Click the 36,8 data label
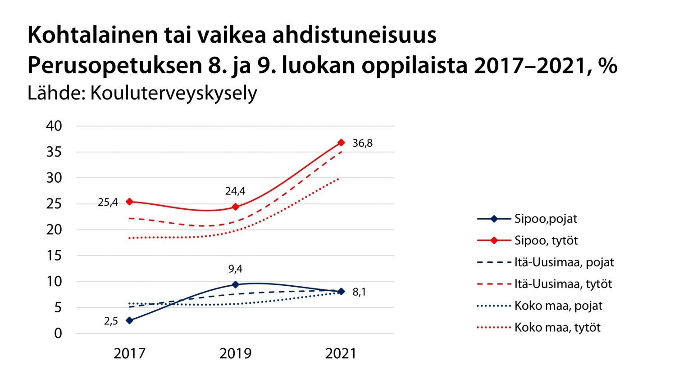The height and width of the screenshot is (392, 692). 362,143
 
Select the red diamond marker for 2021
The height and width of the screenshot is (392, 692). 341,142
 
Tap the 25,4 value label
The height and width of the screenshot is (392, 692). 108,203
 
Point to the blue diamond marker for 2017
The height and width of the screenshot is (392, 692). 130,320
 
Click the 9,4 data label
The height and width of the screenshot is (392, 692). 235,269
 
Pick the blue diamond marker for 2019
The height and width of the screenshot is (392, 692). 235,284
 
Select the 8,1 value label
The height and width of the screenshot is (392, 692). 359,292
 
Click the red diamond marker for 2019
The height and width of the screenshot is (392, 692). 235,207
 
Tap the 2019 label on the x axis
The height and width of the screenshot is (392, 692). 235,354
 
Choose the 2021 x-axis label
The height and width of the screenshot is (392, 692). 341,354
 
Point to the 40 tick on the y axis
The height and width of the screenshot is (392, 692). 54,126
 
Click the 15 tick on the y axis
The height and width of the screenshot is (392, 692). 54,256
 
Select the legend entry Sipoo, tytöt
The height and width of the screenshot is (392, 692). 546,240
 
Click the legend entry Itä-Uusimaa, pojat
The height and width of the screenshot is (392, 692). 564,262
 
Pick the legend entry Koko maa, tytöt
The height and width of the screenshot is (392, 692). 557,328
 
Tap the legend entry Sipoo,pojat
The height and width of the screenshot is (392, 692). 545,219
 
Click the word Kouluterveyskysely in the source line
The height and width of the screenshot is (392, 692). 173,93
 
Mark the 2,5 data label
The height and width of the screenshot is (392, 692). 111,321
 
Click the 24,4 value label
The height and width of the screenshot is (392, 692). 235,191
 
